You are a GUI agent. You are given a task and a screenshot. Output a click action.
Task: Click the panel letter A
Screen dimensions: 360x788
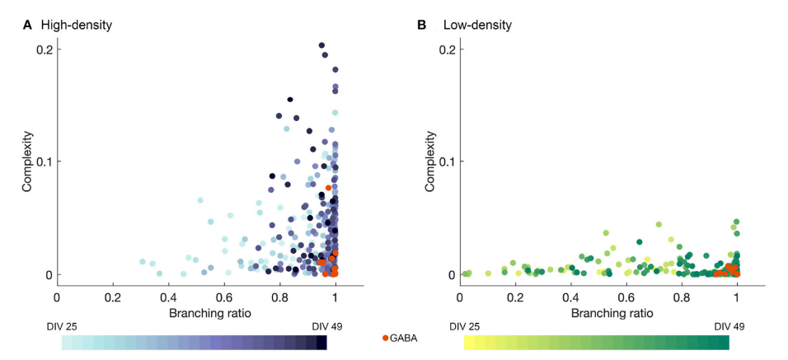click(27, 25)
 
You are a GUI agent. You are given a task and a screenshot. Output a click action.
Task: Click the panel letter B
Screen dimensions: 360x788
click(422, 25)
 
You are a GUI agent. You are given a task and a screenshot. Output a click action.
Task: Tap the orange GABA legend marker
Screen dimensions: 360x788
click(386, 339)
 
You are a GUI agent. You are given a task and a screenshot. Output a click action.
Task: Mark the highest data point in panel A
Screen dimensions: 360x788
click(322, 45)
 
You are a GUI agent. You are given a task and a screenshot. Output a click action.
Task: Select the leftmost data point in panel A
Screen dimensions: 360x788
click(142, 262)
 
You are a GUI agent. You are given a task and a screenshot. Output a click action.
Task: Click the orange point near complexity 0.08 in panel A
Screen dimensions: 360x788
click(328, 188)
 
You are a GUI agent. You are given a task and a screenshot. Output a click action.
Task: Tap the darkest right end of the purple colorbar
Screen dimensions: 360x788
click(322, 343)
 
